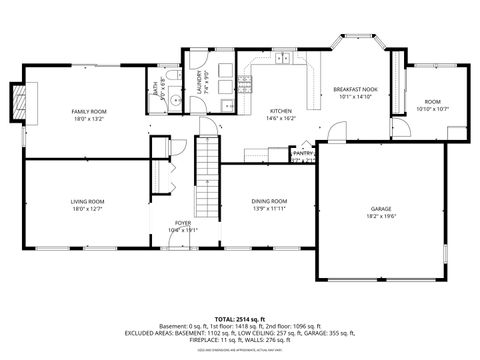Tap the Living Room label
87,201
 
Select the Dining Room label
269,201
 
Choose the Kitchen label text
280,111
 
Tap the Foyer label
183,223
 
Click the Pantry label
303,153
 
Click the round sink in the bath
172,99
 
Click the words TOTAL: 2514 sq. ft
239,317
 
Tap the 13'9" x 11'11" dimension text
269,208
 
